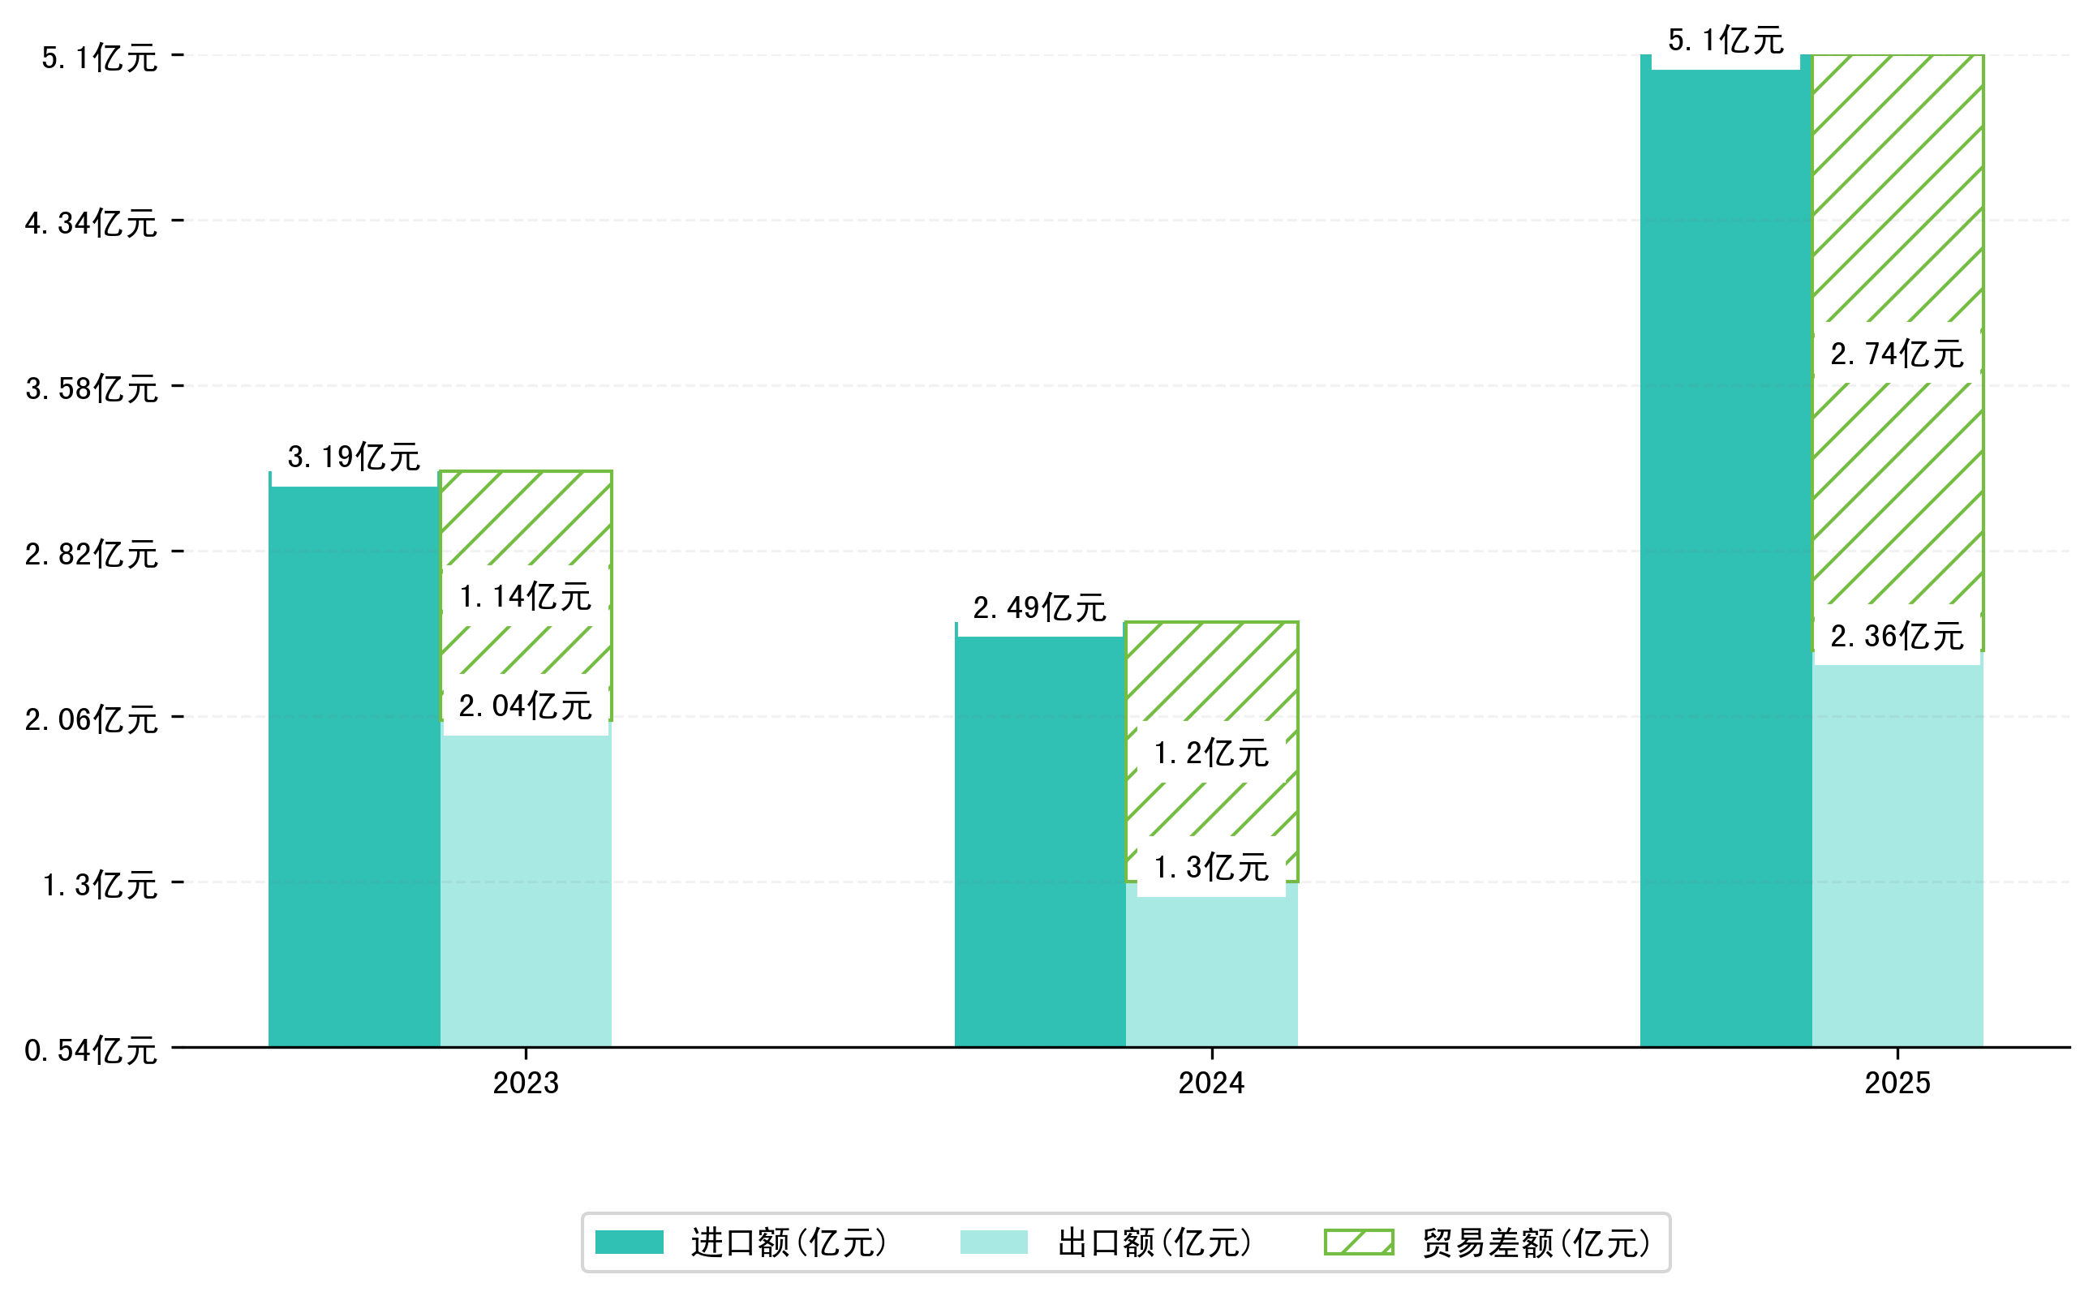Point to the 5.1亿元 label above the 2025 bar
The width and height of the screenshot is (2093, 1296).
1726,41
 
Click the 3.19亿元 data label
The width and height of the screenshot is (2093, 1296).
353,457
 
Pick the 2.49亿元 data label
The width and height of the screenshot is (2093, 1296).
1039,607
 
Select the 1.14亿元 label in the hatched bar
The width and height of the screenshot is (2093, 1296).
525,596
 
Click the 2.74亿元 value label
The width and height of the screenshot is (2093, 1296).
1897,353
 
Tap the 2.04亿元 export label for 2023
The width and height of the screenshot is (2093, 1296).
525,706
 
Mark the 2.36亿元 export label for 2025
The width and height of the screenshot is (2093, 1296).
1897,636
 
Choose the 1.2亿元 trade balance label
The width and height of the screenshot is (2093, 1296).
1210,753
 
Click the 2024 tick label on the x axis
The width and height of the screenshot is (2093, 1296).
1210,1084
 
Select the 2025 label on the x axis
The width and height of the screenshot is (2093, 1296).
1897,1084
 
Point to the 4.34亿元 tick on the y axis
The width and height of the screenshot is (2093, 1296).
91,223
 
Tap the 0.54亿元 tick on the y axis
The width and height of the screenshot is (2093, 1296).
91,1050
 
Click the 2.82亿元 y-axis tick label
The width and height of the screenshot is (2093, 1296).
91,554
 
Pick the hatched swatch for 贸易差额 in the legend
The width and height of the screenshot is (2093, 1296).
1358,1242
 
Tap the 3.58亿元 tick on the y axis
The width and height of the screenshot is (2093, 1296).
91,388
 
